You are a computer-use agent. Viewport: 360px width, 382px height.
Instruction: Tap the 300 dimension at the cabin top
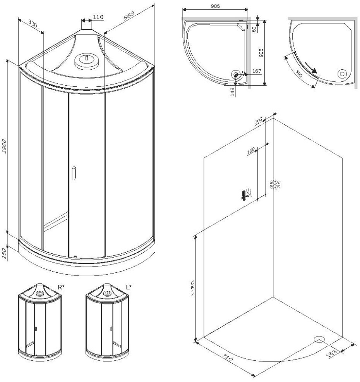(x=33, y=24)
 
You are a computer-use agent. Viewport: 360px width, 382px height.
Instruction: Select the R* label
(x=61, y=287)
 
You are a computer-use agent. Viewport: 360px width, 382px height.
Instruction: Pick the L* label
(x=129, y=287)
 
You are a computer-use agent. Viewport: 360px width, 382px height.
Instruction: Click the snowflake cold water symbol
(x=275, y=185)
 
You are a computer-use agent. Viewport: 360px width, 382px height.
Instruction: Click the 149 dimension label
(x=232, y=92)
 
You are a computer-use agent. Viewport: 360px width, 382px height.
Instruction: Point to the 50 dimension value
(x=254, y=29)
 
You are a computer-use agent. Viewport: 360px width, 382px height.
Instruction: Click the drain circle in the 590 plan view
(x=342, y=73)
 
